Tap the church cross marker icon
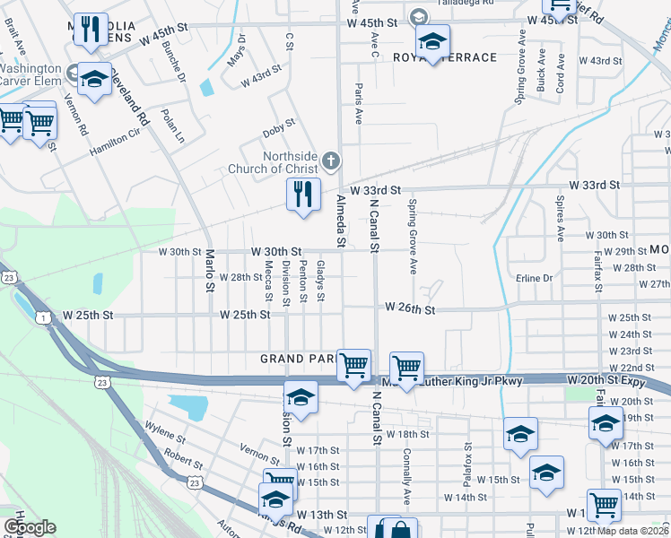pyautogui.click(x=331, y=161)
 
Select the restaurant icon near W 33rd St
pyautogui.click(x=303, y=195)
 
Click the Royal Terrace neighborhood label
pyautogui.click(x=445, y=57)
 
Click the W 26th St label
pyautogui.click(x=410, y=309)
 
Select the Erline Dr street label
pyautogui.click(x=534, y=279)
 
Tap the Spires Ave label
pyautogui.click(x=561, y=220)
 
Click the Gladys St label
pyautogui.click(x=320, y=282)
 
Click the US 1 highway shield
pyautogui.click(x=42, y=317)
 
